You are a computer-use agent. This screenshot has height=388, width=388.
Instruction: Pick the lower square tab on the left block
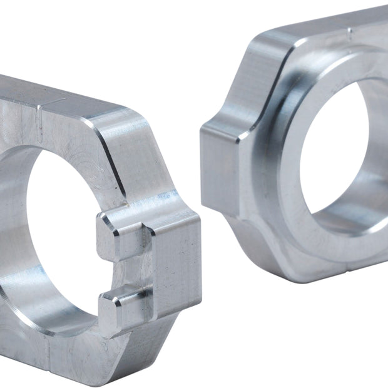[122, 307]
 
